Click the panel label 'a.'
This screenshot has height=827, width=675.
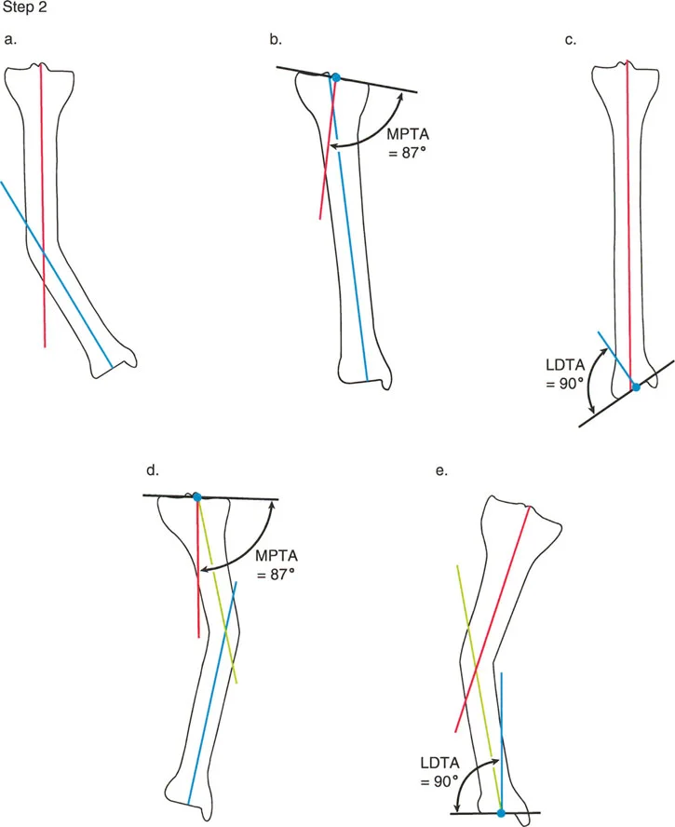pyautogui.click(x=10, y=39)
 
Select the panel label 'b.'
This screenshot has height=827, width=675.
pyautogui.click(x=276, y=39)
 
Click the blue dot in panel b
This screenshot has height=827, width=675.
pyautogui.click(x=336, y=76)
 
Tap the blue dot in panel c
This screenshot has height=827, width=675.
pyautogui.click(x=636, y=386)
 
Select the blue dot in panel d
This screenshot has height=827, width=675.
pyautogui.click(x=196, y=497)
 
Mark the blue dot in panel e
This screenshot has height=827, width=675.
pyautogui.click(x=501, y=812)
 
